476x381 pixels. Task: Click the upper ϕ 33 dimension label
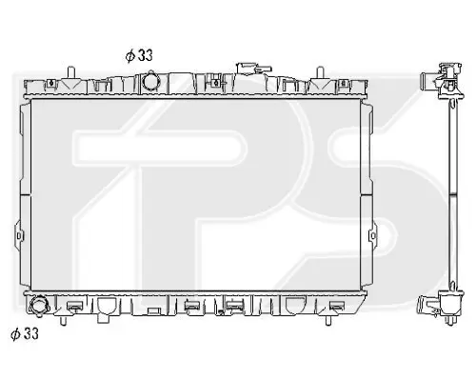(x=139, y=55)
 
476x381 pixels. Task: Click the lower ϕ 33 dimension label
(x=25, y=333)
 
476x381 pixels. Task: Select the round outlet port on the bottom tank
(x=39, y=307)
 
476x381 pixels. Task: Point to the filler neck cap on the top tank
(x=253, y=69)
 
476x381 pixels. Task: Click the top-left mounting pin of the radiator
(x=71, y=72)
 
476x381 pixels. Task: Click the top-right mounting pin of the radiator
(x=321, y=72)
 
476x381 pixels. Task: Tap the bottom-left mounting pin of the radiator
(x=63, y=320)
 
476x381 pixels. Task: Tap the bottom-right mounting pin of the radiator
(x=328, y=320)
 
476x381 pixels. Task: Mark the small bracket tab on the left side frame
(x=19, y=235)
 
